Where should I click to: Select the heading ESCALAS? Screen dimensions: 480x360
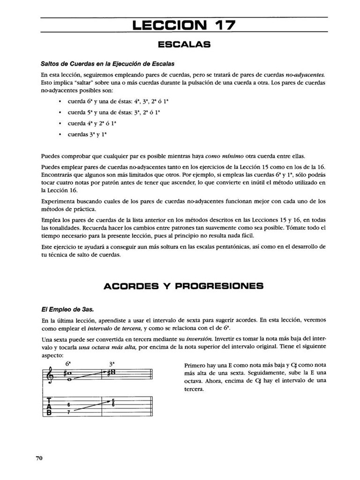184,45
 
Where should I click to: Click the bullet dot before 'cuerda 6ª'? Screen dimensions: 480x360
58,101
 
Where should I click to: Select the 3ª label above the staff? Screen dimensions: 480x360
112,363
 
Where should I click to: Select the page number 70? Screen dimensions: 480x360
39,458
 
